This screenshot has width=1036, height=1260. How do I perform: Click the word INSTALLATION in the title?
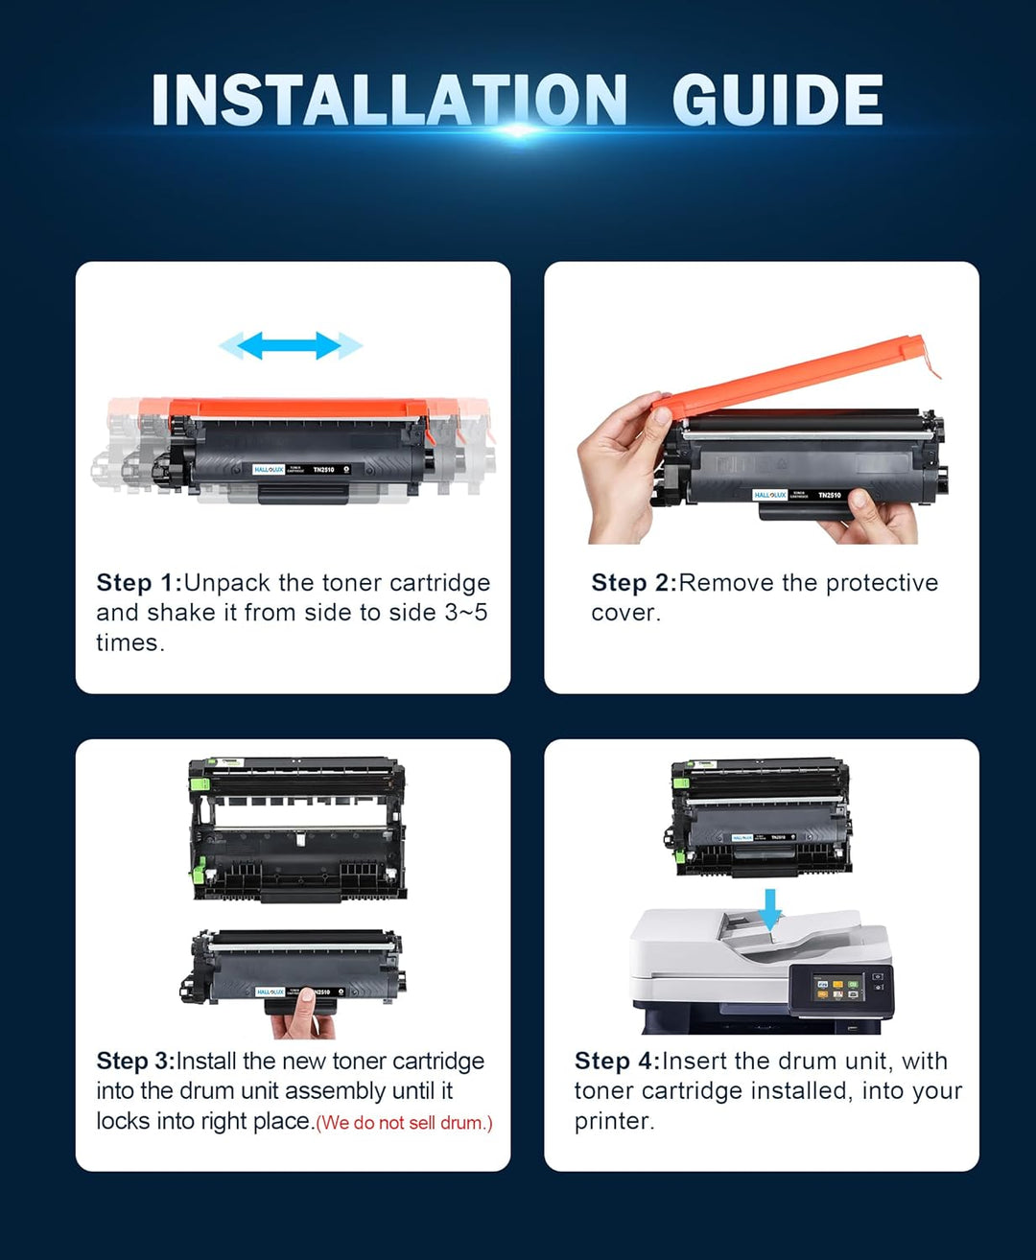click(x=388, y=101)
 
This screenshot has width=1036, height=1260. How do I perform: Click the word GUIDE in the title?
click(x=777, y=101)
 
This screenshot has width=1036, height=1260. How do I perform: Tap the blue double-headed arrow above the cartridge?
click(x=291, y=345)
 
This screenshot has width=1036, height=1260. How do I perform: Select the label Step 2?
click(x=634, y=583)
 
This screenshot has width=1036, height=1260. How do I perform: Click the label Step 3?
click(x=135, y=1061)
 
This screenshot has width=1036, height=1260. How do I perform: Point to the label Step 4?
click(x=617, y=1061)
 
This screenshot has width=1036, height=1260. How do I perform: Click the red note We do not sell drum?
click(x=404, y=1123)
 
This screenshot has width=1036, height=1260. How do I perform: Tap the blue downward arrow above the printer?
click(x=769, y=907)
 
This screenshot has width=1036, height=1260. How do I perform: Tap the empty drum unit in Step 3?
click(x=297, y=829)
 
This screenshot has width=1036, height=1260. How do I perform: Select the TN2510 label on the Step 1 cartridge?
click(x=323, y=470)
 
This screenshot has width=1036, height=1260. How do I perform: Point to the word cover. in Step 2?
click(x=625, y=613)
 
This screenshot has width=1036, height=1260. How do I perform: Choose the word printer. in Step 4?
click(x=614, y=1121)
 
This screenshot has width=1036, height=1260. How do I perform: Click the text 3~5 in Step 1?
click(x=465, y=613)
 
